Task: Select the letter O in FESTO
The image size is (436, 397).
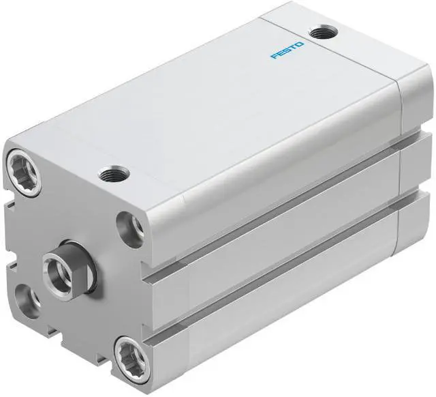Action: (300, 44)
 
